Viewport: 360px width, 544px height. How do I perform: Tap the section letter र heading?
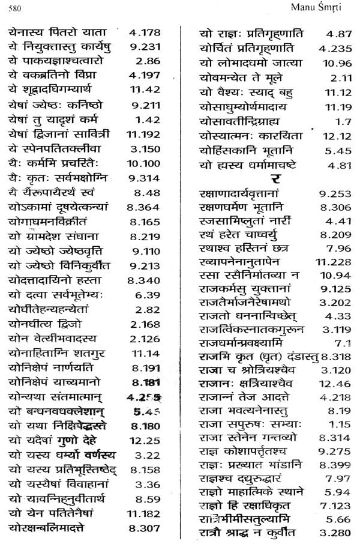pyautogui.click(x=274, y=178)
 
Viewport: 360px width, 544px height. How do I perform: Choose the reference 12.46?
pyautogui.click(x=336, y=384)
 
